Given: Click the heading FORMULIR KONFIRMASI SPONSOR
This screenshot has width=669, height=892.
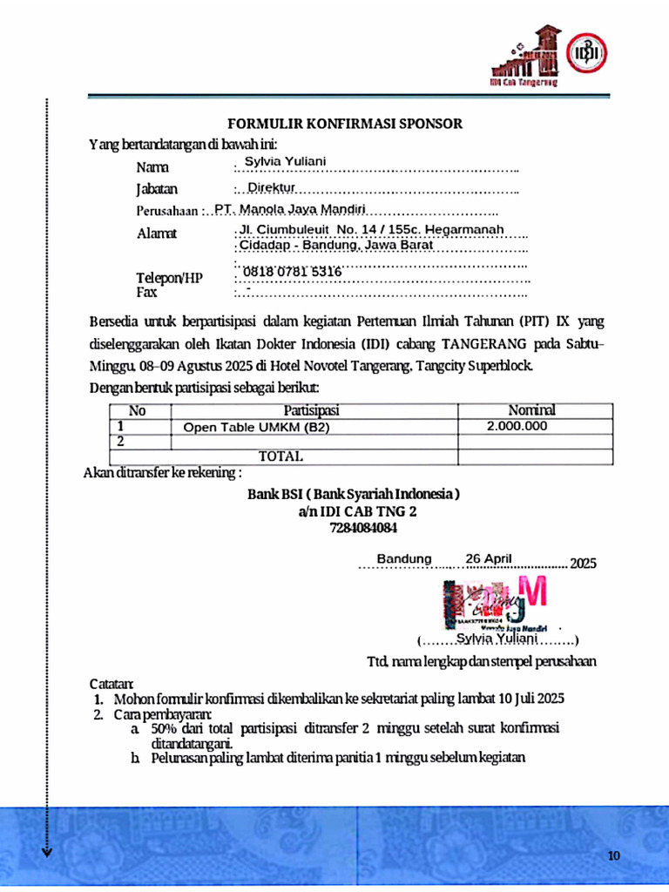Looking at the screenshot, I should (x=345, y=124).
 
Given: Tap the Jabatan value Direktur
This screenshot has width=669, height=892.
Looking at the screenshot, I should (x=272, y=187).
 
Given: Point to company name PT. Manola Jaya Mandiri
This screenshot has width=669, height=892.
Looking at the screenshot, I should (x=290, y=209).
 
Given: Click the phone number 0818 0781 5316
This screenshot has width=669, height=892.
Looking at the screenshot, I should (x=292, y=272).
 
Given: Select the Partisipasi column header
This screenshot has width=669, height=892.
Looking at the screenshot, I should (x=311, y=410).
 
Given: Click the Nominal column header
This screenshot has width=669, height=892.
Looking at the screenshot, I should (x=531, y=410).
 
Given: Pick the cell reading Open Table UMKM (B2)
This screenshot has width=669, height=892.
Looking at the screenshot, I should (x=257, y=427).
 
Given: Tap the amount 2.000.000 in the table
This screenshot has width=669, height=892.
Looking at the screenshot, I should (x=517, y=426).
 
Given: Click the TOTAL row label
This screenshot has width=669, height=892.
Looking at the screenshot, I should (x=280, y=456).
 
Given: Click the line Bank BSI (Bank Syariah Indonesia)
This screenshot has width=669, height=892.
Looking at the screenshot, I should (x=354, y=494).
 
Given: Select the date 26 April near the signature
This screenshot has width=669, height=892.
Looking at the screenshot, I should (x=489, y=558).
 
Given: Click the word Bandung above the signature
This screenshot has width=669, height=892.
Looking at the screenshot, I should (x=404, y=558).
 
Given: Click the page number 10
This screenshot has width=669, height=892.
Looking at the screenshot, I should (x=614, y=855).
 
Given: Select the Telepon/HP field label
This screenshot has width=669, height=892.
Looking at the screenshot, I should (x=169, y=277).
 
